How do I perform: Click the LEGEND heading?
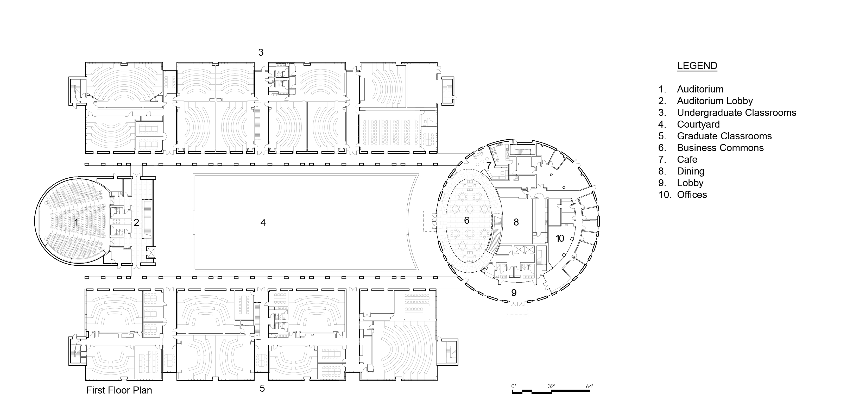697,66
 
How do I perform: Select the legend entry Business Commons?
720,148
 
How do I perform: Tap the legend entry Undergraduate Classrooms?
736,113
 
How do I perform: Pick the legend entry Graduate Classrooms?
724,136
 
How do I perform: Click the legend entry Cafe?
687,159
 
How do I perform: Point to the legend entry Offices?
692,195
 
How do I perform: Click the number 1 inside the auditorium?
76,222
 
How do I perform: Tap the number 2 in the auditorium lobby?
136,222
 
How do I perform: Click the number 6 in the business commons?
466,220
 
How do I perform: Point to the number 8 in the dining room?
516,222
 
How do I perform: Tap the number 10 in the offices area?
560,238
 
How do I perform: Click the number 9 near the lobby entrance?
514,292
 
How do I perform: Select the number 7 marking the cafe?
489,165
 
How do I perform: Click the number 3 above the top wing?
261,52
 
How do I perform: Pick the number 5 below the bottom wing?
262,388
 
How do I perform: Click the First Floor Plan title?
119,390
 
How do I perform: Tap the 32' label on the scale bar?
551,386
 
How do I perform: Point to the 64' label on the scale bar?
589,386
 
